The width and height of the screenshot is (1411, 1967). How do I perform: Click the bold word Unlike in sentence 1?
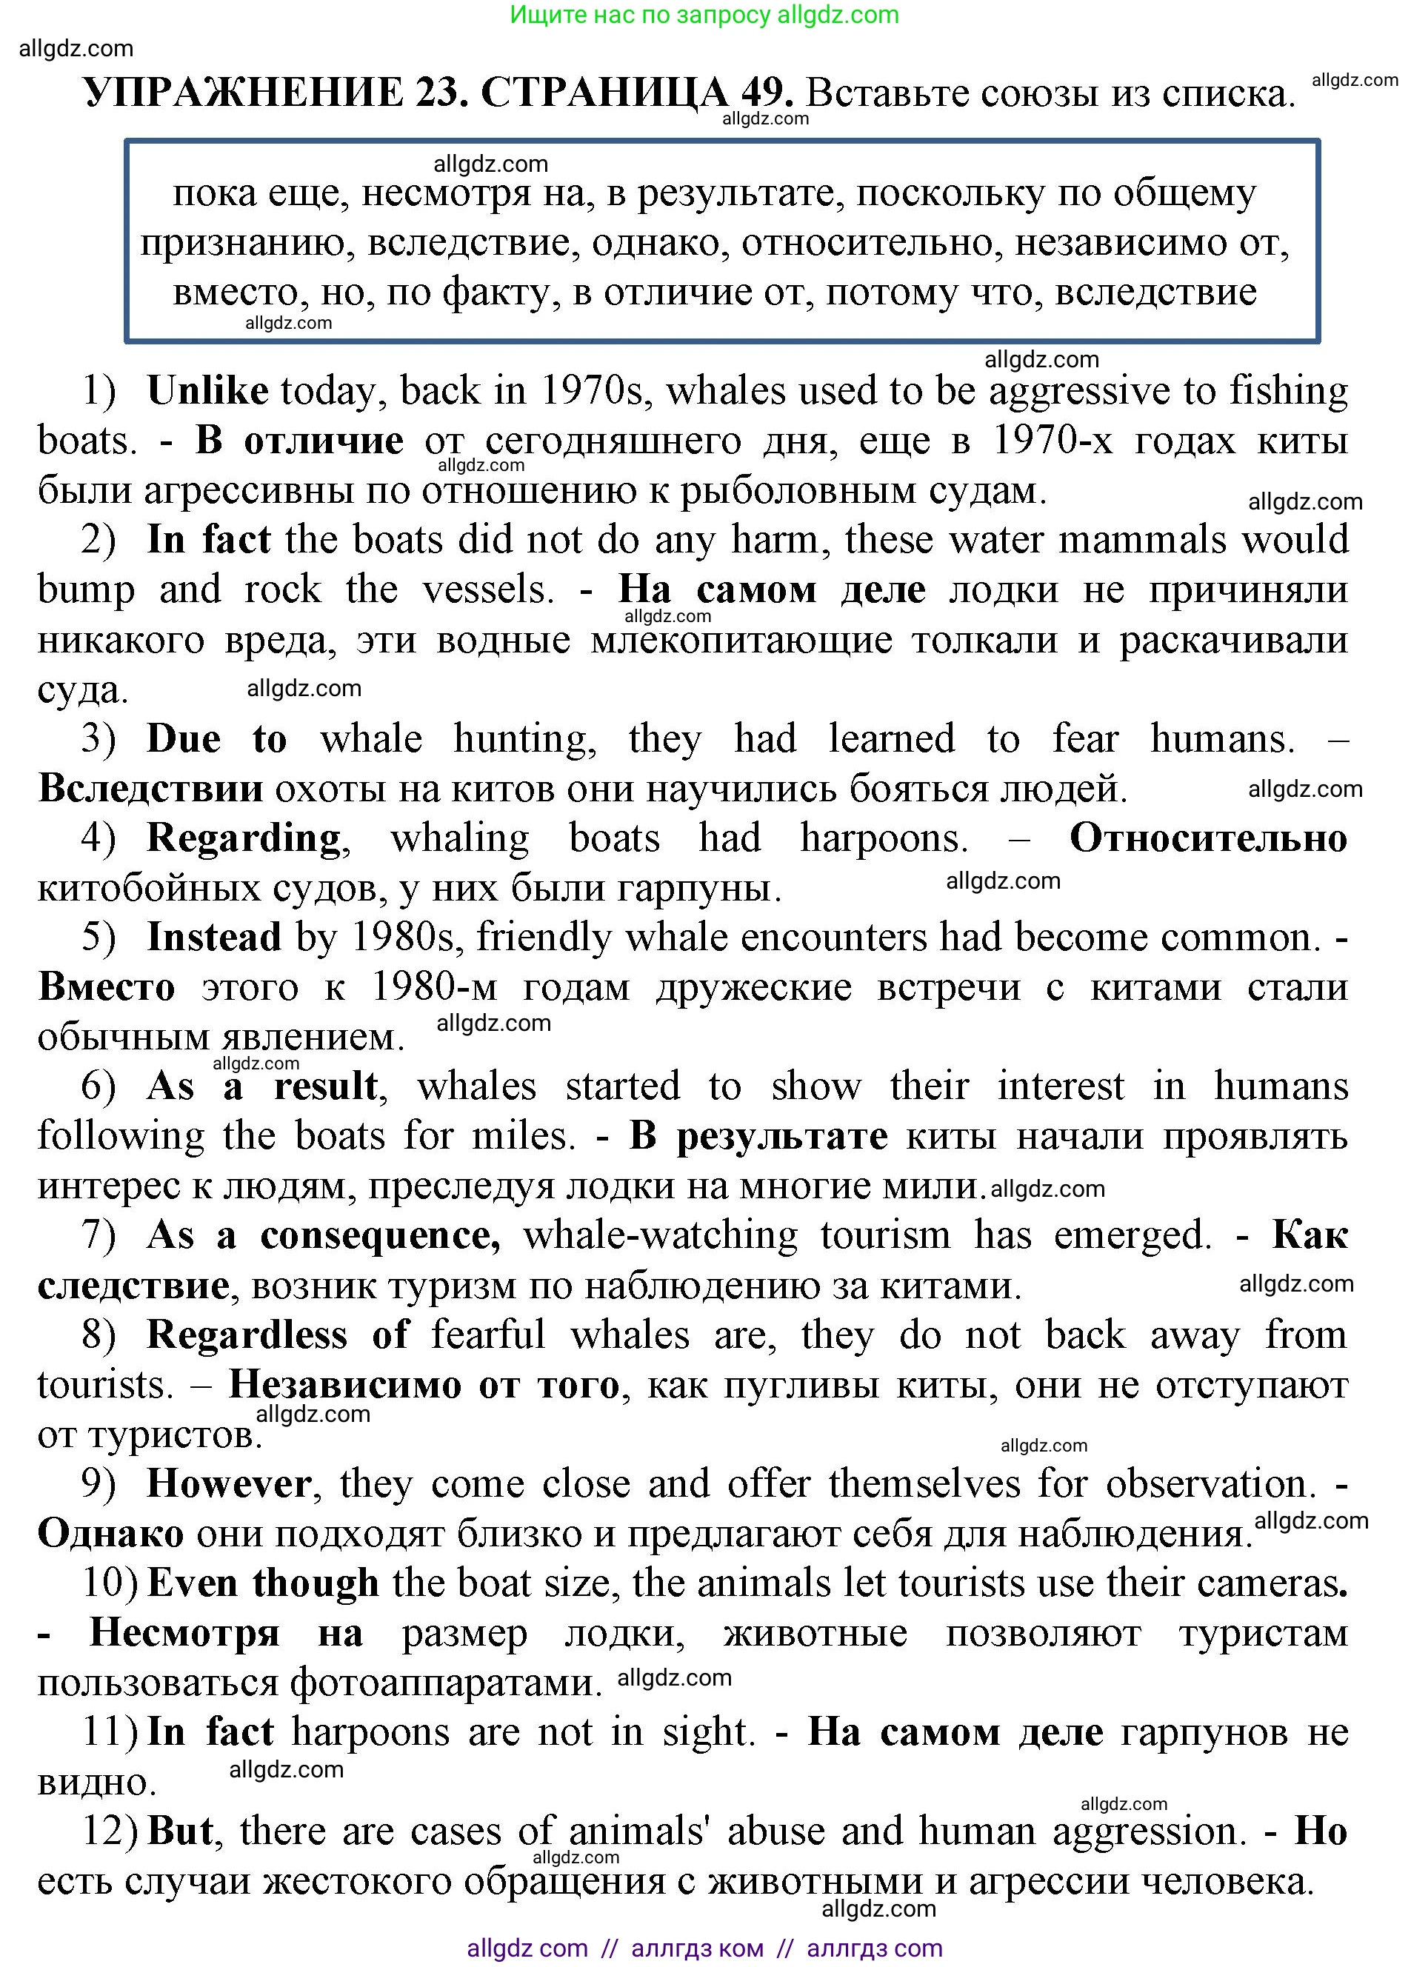tap(207, 391)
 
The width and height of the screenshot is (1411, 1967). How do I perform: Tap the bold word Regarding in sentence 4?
tap(244, 838)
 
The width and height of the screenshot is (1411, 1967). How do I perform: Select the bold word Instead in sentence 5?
tap(213, 938)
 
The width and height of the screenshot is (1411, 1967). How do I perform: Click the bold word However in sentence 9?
tap(228, 1484)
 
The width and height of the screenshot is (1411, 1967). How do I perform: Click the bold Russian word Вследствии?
tap(150, 789)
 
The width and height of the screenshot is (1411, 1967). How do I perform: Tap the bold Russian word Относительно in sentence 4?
tap(1208, 838)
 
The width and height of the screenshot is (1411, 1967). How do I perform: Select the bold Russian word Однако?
tap(110, 1533)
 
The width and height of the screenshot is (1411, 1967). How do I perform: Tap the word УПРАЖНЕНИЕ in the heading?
tap(244, 93)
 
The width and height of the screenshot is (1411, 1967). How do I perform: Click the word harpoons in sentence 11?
tap(370, 1733)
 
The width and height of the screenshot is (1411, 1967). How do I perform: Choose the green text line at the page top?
tap(704, 15)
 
